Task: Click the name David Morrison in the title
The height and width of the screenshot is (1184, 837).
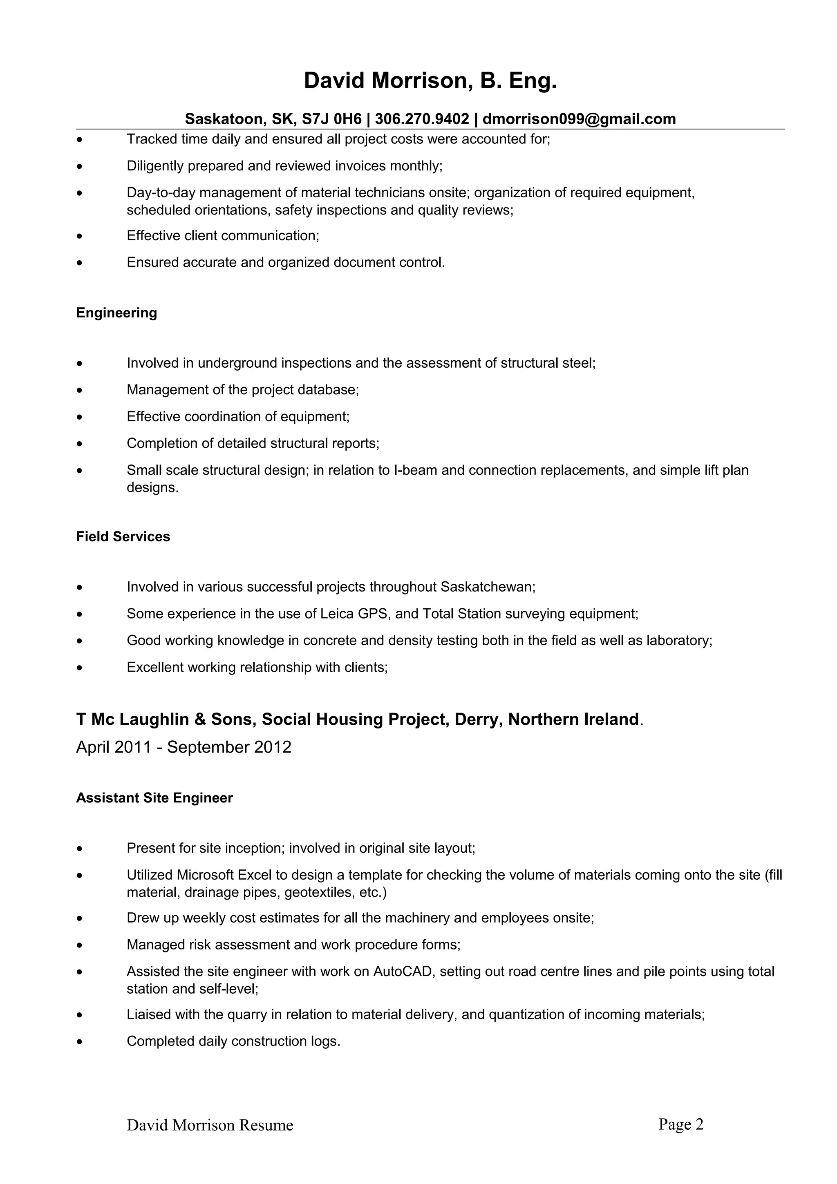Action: pos(386,81)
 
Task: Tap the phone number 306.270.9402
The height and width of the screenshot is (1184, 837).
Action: pos(422,119)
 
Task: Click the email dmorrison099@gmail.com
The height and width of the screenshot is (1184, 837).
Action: pos(579,119)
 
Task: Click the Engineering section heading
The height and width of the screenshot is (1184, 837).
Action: pos(116,313)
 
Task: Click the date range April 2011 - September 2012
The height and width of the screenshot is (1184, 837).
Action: pos(184,747)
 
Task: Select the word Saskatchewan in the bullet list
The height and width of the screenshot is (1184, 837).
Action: pos(487,587)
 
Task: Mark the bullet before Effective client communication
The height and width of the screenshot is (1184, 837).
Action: pos(79,236)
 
